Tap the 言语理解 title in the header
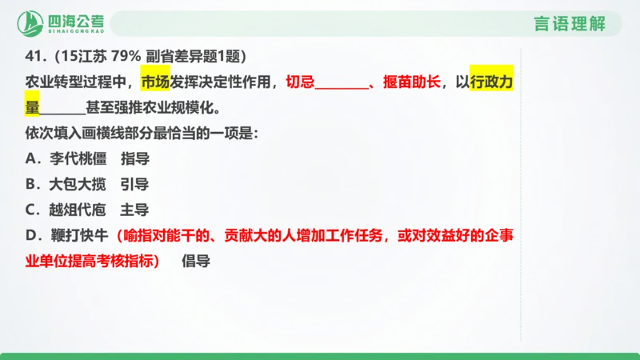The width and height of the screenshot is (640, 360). [570, 24]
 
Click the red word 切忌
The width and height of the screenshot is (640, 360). [300, 82]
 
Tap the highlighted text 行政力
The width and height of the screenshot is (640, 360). [489, 82]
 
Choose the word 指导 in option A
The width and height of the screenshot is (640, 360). [134, 158]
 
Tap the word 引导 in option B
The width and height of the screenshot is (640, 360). [134, 184]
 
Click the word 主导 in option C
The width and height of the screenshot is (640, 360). [134, 210]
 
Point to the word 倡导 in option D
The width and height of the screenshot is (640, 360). [195, 261]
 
